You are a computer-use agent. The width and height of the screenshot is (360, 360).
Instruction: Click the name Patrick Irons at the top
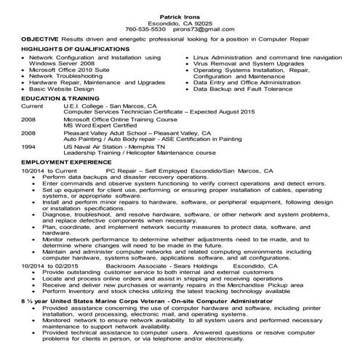[x=180, y=15]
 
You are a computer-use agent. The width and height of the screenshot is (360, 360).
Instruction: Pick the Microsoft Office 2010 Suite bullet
[x=73, y=69]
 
